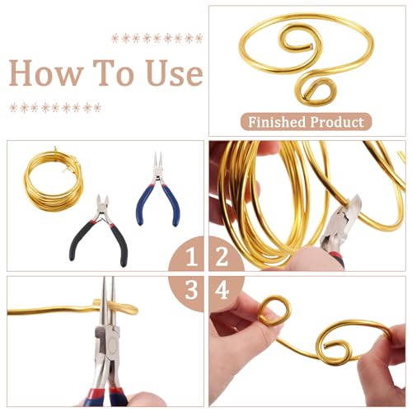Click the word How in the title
click(x=46, y=73)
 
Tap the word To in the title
click(x=113, y=73)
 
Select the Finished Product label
click(x=306, y=122)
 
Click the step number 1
click(x=191, y=257)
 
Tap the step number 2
click(x=222, y=257)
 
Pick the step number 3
click(x=191, y=290)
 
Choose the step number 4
click(x=222, y=290)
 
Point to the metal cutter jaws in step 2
click(x=348, y=212)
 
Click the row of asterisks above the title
click(x=157, y=38)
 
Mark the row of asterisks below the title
click(x=55, y=108)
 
